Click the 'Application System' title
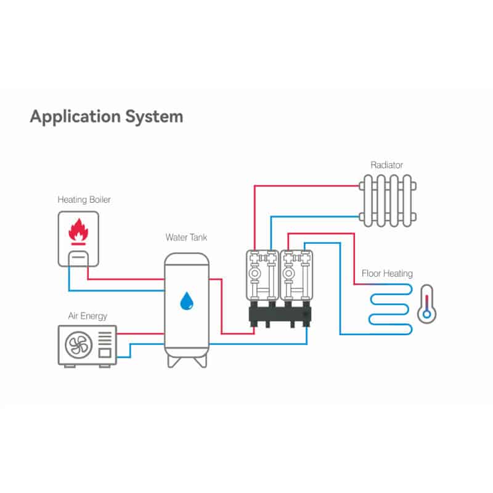[x=106, y=116]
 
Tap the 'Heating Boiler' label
[x=84, y=200]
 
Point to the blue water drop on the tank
[x=185, y=301]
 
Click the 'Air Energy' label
[x=88, y=316]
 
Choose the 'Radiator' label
[x=387, y=165]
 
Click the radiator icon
[x=388, y=199]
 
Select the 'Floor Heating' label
[x=387, y=274]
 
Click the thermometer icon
[x=426, y=304]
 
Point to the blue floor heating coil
[x=388, y=308]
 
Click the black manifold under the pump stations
[x=280, y=315]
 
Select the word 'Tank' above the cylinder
[x=197, y=237]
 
